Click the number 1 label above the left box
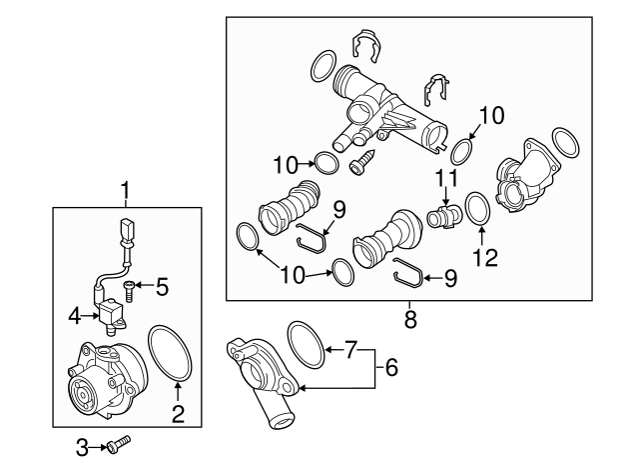tap(126, 189)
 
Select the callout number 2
tap(180, 411)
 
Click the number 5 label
tap(162, 288)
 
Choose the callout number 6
tap(392, 368)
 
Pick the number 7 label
tap(349, 350)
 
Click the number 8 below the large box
tap(409, 320)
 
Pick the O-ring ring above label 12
tap(477, 209)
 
